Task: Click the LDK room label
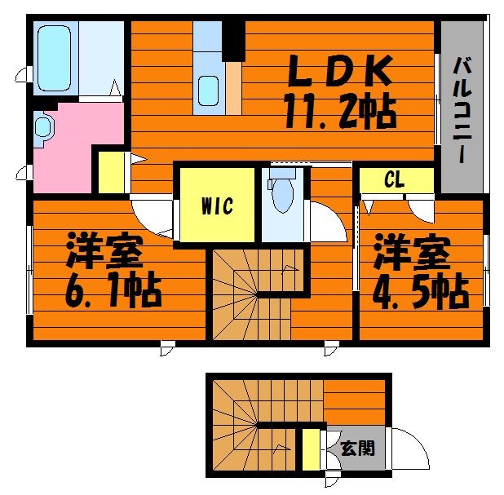coord(340,70)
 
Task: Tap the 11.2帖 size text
coord(340,110)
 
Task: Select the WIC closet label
coord(217,206)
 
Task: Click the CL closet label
coord(394,180)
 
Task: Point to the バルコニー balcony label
coord(462,110)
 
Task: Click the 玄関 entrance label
coord(357,448)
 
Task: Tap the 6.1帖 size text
coord(113,290)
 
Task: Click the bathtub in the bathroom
coord(54,58)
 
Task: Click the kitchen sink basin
coord(208,91)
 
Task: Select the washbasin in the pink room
coord(42,126)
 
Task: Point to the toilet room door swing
coord(327,222)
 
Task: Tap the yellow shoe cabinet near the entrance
coord(312,449)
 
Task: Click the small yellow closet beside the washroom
coord(111,172)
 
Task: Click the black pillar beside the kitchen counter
coord(234,41)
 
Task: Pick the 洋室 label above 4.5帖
coord(411,253)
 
